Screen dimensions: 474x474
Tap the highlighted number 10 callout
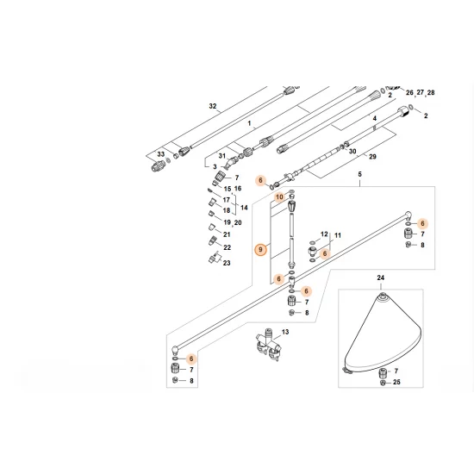tap(278, 197)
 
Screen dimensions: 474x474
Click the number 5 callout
tap(359, 175)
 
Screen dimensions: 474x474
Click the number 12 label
tap(324, 234)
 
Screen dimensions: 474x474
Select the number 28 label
tap(431, 92)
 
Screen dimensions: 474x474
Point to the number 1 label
tap(250, 125)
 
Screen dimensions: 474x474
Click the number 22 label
tap(228, 248)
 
